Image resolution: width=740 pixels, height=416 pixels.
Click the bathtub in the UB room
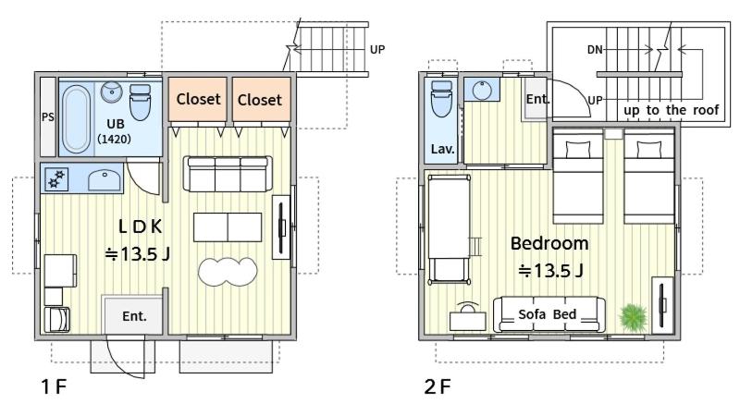click(76, 119)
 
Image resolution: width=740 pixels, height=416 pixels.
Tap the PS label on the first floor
click(48, 117)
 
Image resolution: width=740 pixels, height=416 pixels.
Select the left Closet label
click(198, 99)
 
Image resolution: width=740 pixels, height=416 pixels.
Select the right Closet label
click(260, 100)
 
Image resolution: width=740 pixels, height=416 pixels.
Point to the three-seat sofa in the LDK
click(228, 174)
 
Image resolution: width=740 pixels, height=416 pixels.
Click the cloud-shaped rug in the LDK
click(228, 272)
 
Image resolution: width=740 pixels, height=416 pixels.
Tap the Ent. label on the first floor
click(134, 316)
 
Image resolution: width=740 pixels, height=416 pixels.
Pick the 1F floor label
click(54, 386)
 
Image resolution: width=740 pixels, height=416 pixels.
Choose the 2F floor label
click(438, 386)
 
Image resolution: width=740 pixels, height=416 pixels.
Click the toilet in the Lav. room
click(441, 99)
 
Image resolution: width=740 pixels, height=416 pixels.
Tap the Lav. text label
click(443, 149)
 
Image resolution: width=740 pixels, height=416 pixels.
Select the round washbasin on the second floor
click(482, 90)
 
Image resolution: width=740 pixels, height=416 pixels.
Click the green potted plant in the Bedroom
click(633, 316)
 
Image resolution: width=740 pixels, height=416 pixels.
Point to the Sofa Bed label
click(548, 314)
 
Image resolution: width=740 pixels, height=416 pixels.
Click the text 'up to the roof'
click(672, 110)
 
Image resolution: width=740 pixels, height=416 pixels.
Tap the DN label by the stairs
click(595, 50)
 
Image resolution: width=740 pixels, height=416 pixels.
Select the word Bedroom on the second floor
click(549, 243)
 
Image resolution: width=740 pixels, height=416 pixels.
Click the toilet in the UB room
click(140, 103)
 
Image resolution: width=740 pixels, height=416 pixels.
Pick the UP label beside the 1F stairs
click(377, 50)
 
